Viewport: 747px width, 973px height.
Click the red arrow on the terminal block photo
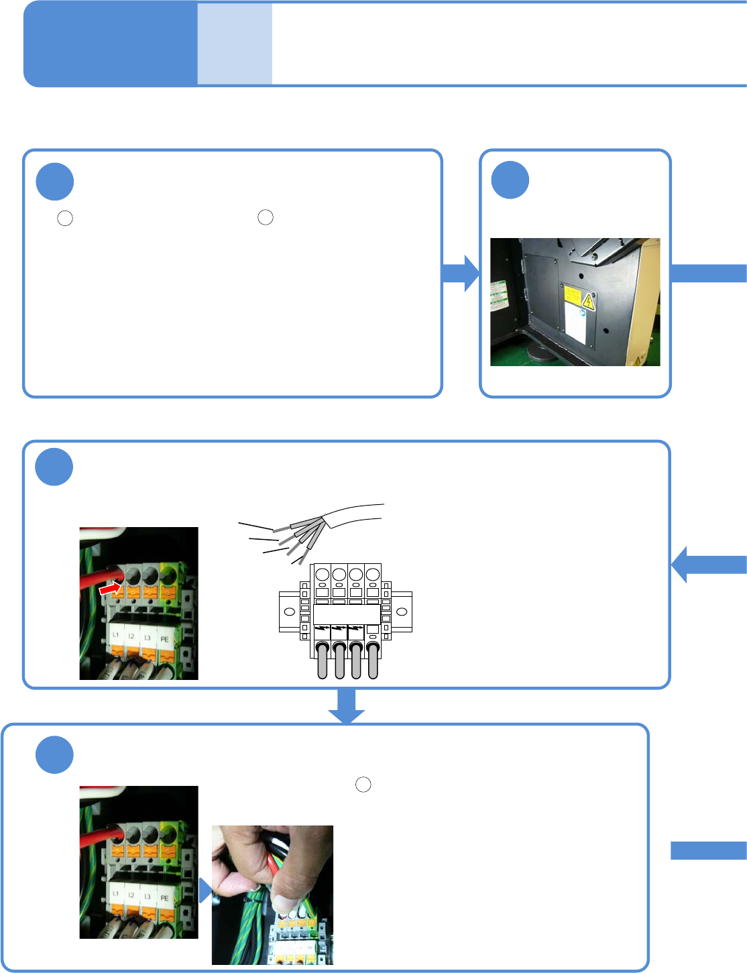click(110, 588)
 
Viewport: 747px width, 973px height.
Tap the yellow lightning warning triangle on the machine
click(588, 300)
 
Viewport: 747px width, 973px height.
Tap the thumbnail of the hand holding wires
click(272, 895)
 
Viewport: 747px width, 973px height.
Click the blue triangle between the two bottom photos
click(205, 891)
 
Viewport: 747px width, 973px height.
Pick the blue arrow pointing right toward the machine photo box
click(461, 273)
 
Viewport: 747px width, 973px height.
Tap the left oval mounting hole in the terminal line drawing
click(290, 612)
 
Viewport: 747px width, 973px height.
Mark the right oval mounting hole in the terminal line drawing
click(402, 612)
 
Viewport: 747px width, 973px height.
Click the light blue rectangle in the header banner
click(235, 44)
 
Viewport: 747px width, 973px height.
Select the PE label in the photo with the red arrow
click(164, 639)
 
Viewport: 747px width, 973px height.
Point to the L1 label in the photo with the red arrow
click(115, 635)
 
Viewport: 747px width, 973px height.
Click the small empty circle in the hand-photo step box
click(363, 785)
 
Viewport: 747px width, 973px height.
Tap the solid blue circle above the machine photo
click(510, 180)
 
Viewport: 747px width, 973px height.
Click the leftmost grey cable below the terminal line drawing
click(322, 660)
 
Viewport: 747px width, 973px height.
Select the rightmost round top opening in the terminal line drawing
click(372, 575)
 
